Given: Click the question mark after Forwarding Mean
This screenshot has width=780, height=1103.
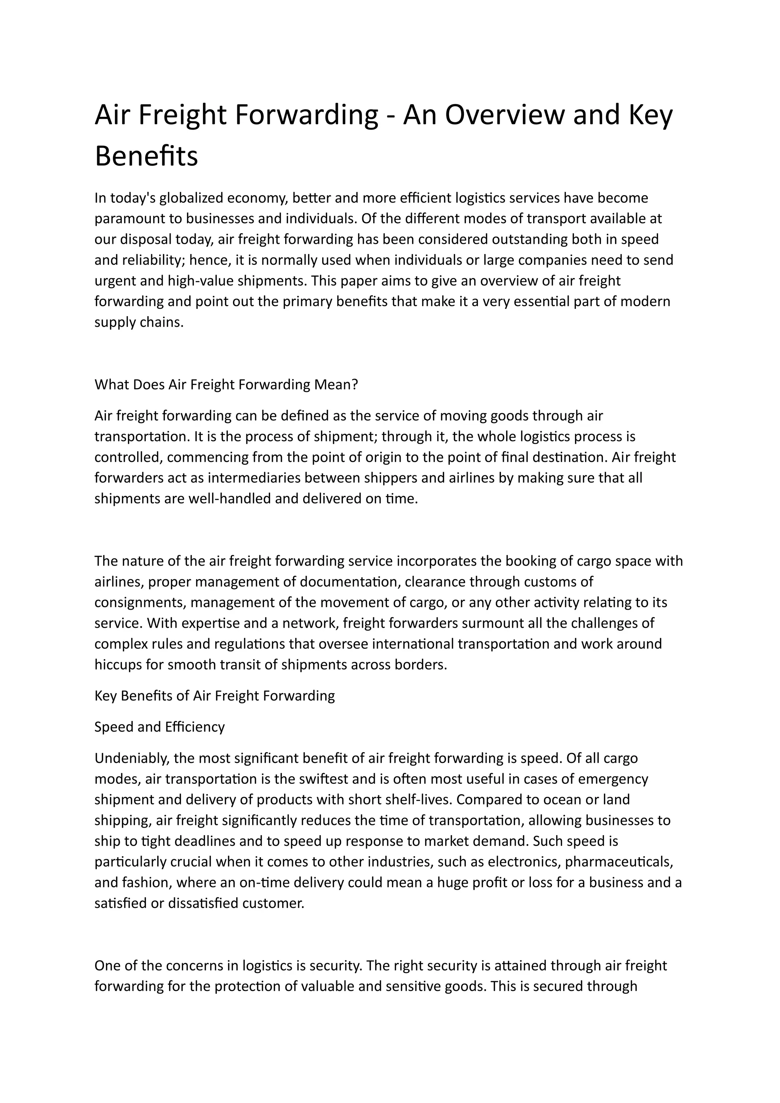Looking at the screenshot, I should (x=355, y=385).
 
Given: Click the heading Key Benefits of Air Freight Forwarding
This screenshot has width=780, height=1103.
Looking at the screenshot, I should (x=215, y=695).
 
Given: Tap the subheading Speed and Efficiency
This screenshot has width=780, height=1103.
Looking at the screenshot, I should (x=160, y=727).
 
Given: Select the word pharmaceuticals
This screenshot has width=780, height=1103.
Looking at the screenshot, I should (x=619, y=862).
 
